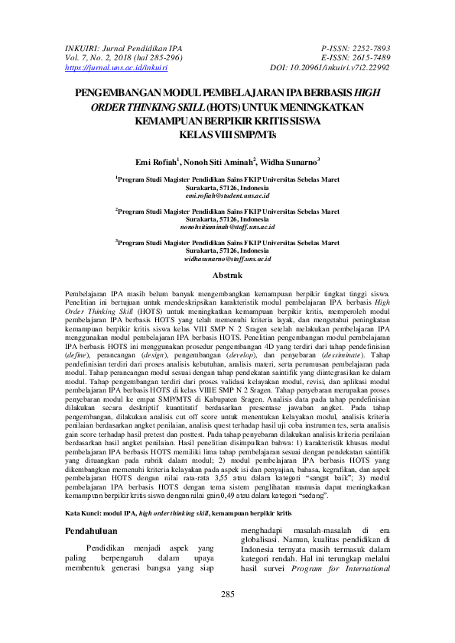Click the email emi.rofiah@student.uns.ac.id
click(x=228, y=196)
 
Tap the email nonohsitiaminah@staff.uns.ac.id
click(x=228, y=228)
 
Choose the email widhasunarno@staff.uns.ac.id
click(x=228, y=259)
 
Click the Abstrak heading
click(x=227, y=275)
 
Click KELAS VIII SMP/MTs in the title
click(x=228, y=134)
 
